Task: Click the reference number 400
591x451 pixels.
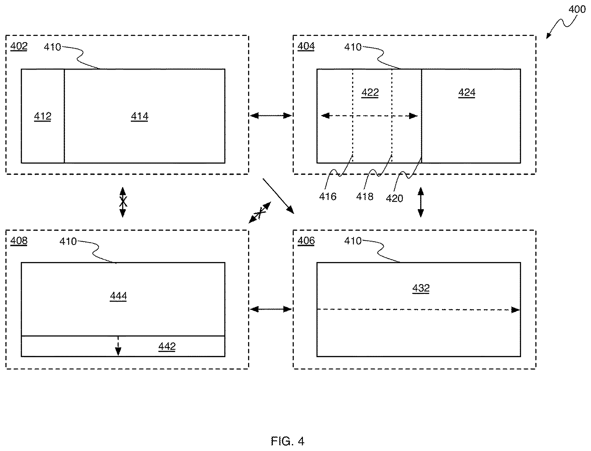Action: [x=577, y=9]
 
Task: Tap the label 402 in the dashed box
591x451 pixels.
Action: [x=19, y=46]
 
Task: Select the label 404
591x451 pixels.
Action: [x=306, y=46]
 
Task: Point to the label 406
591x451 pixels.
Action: [x=306, y=241]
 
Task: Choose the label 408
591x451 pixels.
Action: [x=19, y=241]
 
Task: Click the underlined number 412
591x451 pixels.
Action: [x=43, y=117]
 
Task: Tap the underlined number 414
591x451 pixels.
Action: [x=140, y=117]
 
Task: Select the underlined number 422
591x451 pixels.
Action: [x=370, y=93]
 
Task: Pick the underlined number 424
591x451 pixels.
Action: [x=467, y=93]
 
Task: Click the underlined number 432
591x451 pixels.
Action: [x=421, y=288]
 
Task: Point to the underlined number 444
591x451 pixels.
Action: [x=119, y=296]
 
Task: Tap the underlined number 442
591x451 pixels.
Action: [x=167, y=347]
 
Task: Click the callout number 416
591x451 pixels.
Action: [x=328, y=197]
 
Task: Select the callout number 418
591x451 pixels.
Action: [x=365, y=197]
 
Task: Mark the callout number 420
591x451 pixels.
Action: [x=395, y=198]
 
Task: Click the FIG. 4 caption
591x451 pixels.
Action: [x=288, y=441]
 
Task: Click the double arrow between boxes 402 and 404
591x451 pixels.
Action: [x=271, y=116]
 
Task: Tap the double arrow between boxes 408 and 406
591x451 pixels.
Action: [x=271, y=309]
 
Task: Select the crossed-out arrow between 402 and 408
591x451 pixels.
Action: [x=123, y=202]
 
